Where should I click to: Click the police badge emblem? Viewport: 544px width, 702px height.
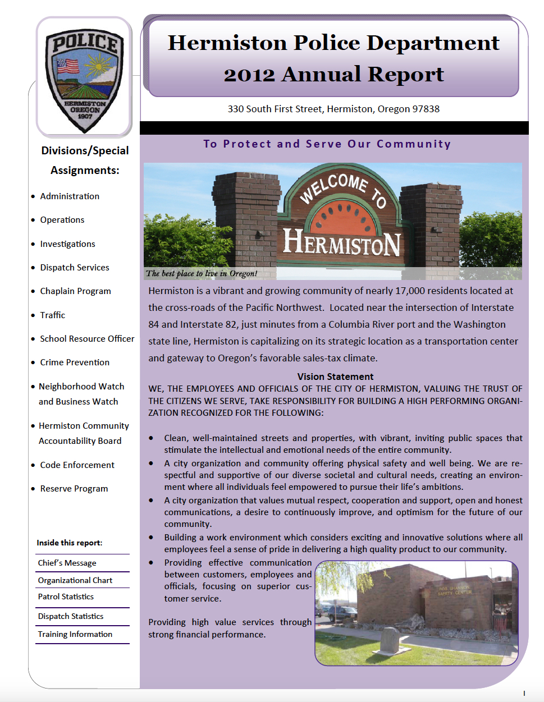pyautogui.click(x=85, y=79)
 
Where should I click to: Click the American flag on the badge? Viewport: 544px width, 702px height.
pyautogui.click(x=68, y=66)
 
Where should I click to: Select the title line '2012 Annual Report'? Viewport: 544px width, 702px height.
pyautogui.click(x=333, y=74)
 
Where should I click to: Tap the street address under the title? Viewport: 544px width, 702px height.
pyautogui.click(x=333, y=109)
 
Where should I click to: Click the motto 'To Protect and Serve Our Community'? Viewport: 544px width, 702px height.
pyautogui.click(x=327, y=144)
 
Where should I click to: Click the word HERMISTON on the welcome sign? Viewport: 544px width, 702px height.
pyautogui.click(x=341, y=242)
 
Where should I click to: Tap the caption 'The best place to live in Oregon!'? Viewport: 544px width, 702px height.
pyautogui.click(x=201, y=274)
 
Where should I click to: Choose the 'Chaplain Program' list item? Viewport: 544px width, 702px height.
pyautogui.click(x=75, y=291)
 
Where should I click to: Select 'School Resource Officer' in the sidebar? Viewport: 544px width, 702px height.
pyautogui.click(x=87, y=339)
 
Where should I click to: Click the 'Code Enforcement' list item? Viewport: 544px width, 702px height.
pyautogui.click(x=77, y=465)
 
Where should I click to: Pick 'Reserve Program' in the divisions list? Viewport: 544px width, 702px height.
pyautogui.click(x=74, y=489)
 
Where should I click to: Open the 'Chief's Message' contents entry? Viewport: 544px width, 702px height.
pyautogui.click(x=67, y=563)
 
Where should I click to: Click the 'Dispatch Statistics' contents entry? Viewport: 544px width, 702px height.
pyautogui.click(x=71, y=616)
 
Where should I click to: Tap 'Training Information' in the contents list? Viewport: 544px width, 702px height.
pyautogui.click(x=75, y=634)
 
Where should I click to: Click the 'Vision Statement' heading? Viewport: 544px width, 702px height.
pyautogui.click(x=335, y=377)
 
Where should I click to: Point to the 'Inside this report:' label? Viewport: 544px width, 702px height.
pyautogui.click(x=70, y=543)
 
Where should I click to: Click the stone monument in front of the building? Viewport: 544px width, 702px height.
pyautogui.click(x=390, y=640)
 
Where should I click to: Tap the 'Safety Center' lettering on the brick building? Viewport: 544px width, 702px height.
pyautogui.click(x=455, y=591)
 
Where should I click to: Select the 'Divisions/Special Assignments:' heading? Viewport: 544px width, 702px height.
pyautogui.click(x=85, y=160)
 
